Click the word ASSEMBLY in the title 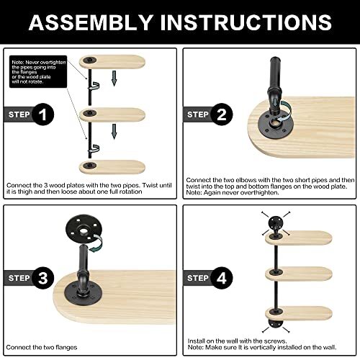91,22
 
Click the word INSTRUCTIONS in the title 246,22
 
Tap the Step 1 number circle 42,114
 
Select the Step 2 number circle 222,114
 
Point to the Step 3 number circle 42,278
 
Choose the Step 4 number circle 222,278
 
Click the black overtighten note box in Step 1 38,71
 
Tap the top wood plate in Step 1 112,62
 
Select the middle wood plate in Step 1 112,114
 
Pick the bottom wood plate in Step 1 112,167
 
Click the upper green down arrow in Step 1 114,78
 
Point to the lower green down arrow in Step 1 114,132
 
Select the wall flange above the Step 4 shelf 276,222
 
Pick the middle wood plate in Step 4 299,274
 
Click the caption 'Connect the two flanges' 42,347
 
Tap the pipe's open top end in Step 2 275,59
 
